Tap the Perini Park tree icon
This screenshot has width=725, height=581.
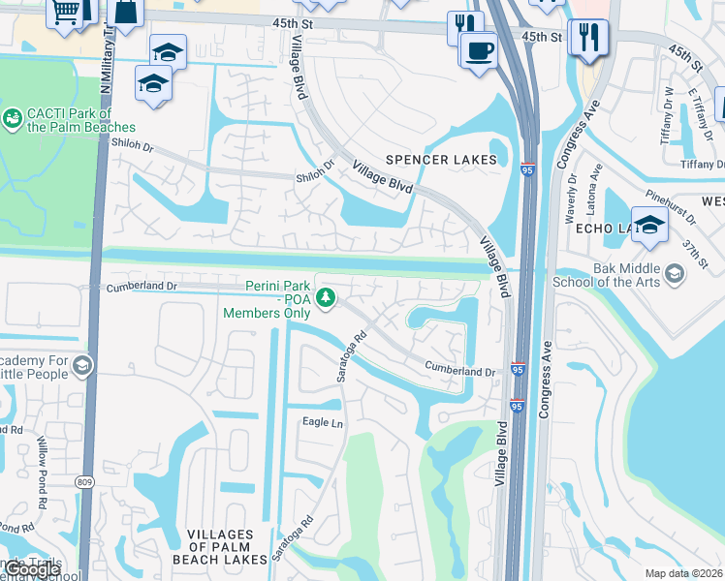(329, 294)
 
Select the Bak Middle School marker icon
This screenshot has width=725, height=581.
(675, 274)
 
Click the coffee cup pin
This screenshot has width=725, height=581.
(477, 49)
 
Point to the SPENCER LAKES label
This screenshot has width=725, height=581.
(442, 160)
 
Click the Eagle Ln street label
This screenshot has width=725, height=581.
(323, 422)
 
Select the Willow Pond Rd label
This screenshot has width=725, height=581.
(42, 472)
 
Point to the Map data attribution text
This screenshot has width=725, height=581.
(684, 573)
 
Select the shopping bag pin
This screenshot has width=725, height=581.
(126, 13)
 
